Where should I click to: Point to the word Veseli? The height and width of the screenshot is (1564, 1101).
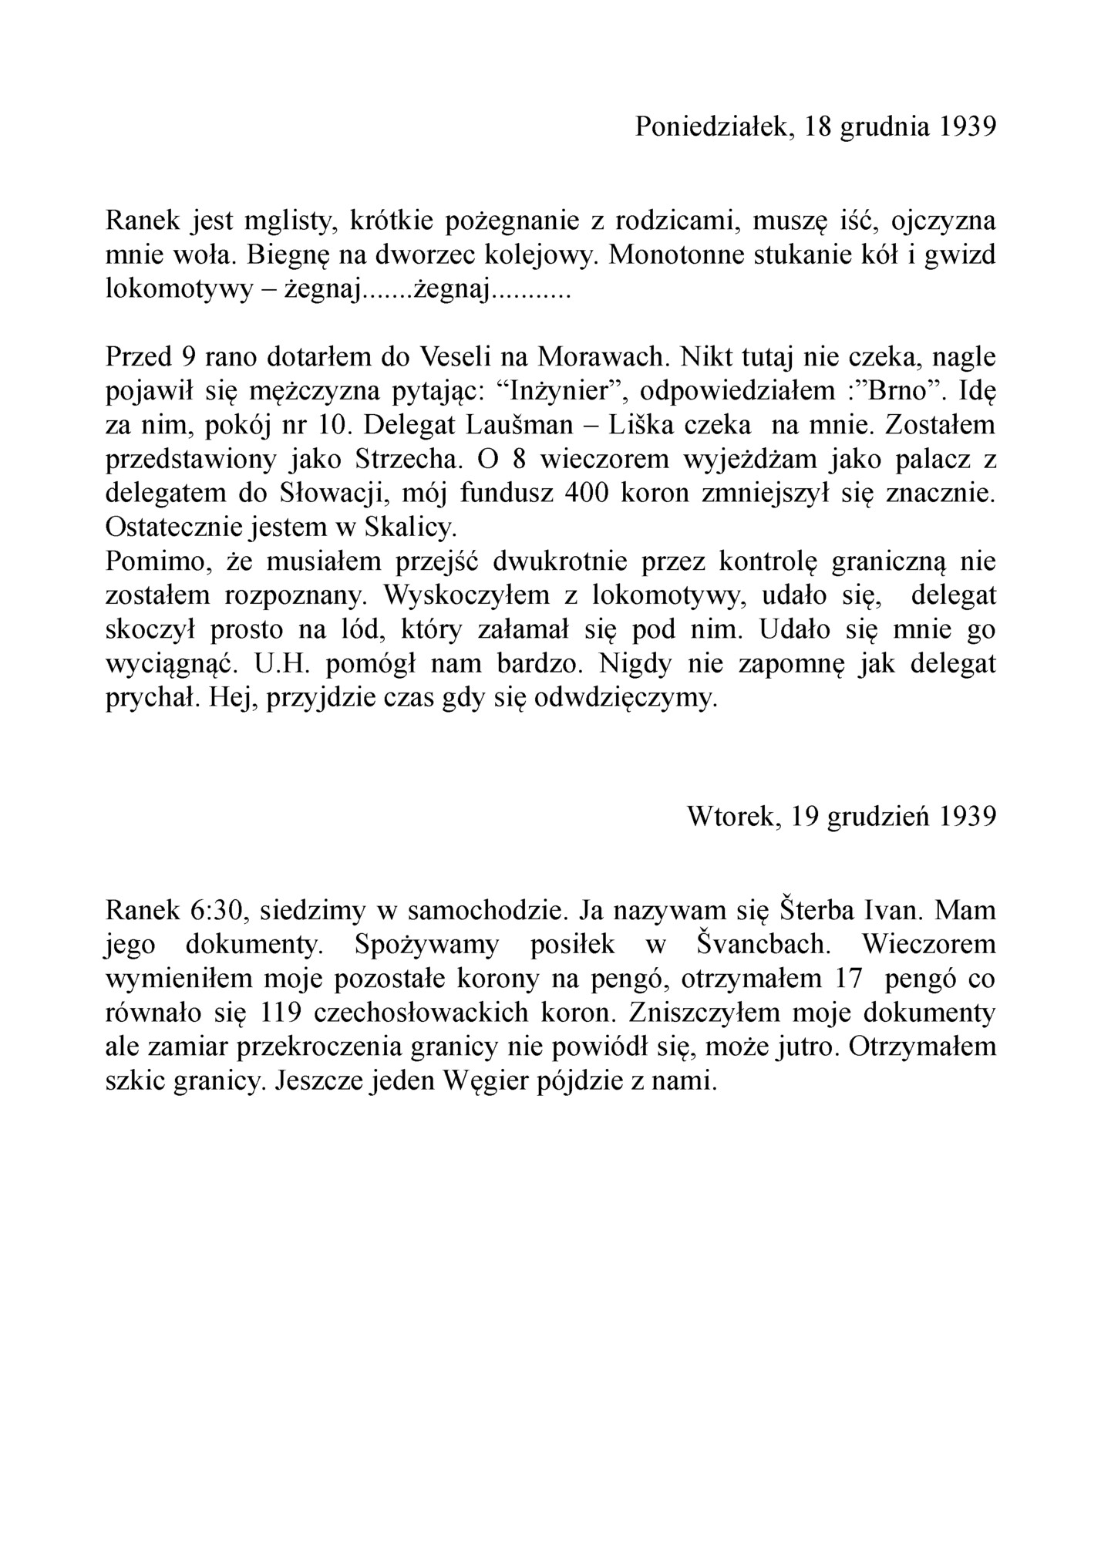point(456,357)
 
